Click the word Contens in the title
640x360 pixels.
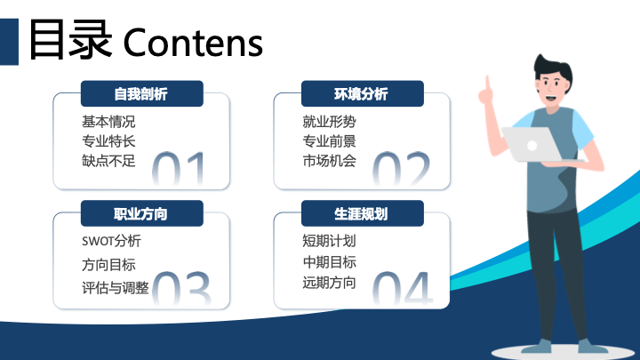(x=193, y=43)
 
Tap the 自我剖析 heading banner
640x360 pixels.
(x=142, y=93)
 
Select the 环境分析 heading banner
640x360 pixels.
(x=363, y=93)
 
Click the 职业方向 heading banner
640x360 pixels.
(x=142, y=213)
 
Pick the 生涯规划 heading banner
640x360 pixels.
(x=363, y=213)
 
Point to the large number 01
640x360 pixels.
(x=179, y=169)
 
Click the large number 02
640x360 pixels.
(x=401, y=169)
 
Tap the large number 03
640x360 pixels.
(x=181, y=288)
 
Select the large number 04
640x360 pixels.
(x=403, y=288)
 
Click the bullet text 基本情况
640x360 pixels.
(x=108, y=122)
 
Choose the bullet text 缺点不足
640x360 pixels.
(x=108, y=161)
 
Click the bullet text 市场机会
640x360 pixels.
(x=330, y=161)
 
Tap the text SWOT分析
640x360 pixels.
(x=111, y=241)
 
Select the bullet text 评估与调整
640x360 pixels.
(x=116, y=288)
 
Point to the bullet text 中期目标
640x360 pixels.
(x=330, y=262)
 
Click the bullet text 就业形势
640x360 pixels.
(x=330, y=122)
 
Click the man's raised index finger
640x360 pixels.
(x=487, y=84)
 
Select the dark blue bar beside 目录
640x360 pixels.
(x=9, y=42)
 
